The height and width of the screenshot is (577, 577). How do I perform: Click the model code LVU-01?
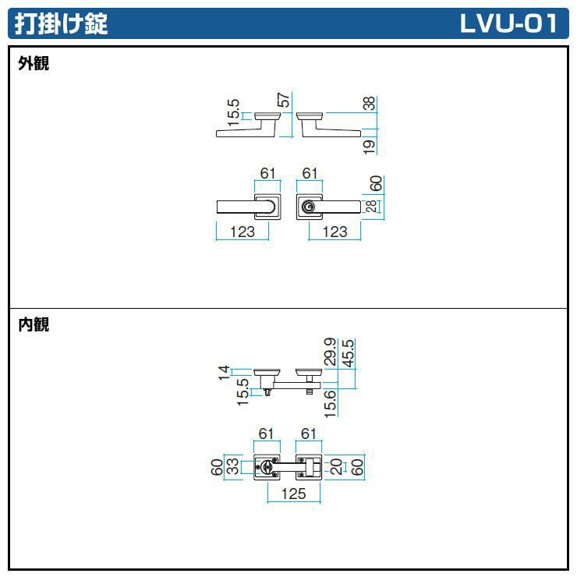[508, 24]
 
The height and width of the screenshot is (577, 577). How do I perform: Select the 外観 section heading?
[34, 65]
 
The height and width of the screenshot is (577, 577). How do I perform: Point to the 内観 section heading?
[34, 325]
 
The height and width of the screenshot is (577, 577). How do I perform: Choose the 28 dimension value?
[370, 206]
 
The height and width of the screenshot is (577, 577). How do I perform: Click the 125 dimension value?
[293, 494]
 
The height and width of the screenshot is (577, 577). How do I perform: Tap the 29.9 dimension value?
[331, 352]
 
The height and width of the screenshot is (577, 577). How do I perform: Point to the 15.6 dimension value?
[331, 404]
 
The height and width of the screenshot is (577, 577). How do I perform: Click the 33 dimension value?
[232, 467]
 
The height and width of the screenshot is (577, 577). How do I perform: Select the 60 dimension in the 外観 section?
[376, 184]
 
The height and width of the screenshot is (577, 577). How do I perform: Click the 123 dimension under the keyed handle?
[335, 232]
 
